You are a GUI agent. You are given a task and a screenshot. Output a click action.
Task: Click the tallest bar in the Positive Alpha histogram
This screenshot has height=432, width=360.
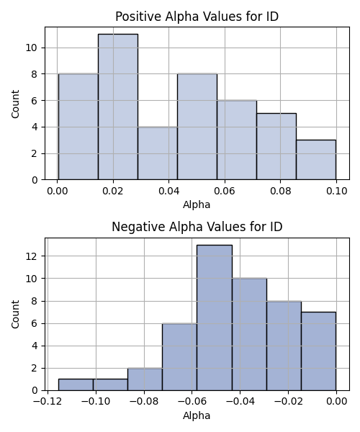coord(118,107)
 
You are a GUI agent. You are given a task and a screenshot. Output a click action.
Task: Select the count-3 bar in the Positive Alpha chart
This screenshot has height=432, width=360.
coord(316,160)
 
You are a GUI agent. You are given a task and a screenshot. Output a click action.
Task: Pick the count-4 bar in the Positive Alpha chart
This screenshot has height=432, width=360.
coord(158,153)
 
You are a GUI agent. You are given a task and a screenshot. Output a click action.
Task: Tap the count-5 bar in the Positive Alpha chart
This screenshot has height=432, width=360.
coord(276,147)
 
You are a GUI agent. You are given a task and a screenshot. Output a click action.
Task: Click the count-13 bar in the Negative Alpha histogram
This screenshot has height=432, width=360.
coord(215,318)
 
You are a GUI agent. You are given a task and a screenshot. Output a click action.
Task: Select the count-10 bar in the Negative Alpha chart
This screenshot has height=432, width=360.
coord(249,335)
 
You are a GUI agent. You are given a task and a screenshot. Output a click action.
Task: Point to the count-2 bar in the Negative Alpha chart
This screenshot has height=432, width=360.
coord(145,379)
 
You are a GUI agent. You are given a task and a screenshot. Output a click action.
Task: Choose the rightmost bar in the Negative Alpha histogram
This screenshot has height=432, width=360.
coord(319,351)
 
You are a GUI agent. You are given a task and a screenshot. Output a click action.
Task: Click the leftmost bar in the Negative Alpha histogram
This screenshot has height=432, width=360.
coord(76,385)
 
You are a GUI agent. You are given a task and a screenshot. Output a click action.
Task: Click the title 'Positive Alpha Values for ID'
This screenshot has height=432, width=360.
coord(197,17)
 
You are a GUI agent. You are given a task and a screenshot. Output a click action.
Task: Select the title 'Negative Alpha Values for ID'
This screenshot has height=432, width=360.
coord(197,227)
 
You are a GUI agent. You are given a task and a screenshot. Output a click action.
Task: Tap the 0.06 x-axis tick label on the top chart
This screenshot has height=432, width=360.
coord(225,191)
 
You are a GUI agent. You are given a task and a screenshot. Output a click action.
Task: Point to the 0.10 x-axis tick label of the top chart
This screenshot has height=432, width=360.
coord(336,191)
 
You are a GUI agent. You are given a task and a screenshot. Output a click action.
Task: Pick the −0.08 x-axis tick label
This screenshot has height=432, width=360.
coord(143,401)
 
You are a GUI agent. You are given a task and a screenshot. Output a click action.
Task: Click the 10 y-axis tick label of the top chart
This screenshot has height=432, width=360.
coord(31,48)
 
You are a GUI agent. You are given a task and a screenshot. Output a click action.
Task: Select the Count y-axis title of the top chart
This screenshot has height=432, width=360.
coord(15,104)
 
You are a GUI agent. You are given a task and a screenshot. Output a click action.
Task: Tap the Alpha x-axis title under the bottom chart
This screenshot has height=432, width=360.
coord(197,415)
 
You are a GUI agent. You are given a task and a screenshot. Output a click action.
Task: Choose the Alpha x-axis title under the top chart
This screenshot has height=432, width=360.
coord(197,204)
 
